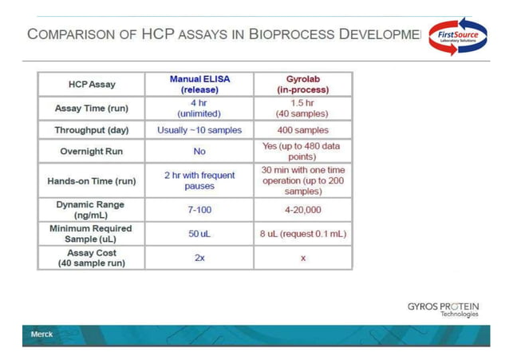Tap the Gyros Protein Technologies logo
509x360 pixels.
coord(443,308)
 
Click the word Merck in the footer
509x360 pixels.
coord(41,334)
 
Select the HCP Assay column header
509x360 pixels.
coord(90,85)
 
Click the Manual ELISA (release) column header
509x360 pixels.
coord(199,85)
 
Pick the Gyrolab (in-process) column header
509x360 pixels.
coord(303,85)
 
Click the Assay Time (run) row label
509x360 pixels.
coord(90,109)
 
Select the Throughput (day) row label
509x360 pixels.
coord(90,130)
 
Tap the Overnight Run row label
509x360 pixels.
coord(90,152)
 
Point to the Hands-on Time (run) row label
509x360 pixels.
coord(90,181)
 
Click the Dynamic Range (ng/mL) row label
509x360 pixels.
coord(90,210)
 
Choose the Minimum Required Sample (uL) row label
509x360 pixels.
coord(90,234)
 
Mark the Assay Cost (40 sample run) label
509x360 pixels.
coord(90,258)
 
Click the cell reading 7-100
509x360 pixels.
coord(199,211)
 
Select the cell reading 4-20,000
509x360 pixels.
coord(303,211)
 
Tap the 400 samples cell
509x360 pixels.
coord(303,130)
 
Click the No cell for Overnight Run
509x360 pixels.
coord(199,152)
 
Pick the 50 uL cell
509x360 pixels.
coord(199,234)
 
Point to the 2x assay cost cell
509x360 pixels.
coord(199,258)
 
